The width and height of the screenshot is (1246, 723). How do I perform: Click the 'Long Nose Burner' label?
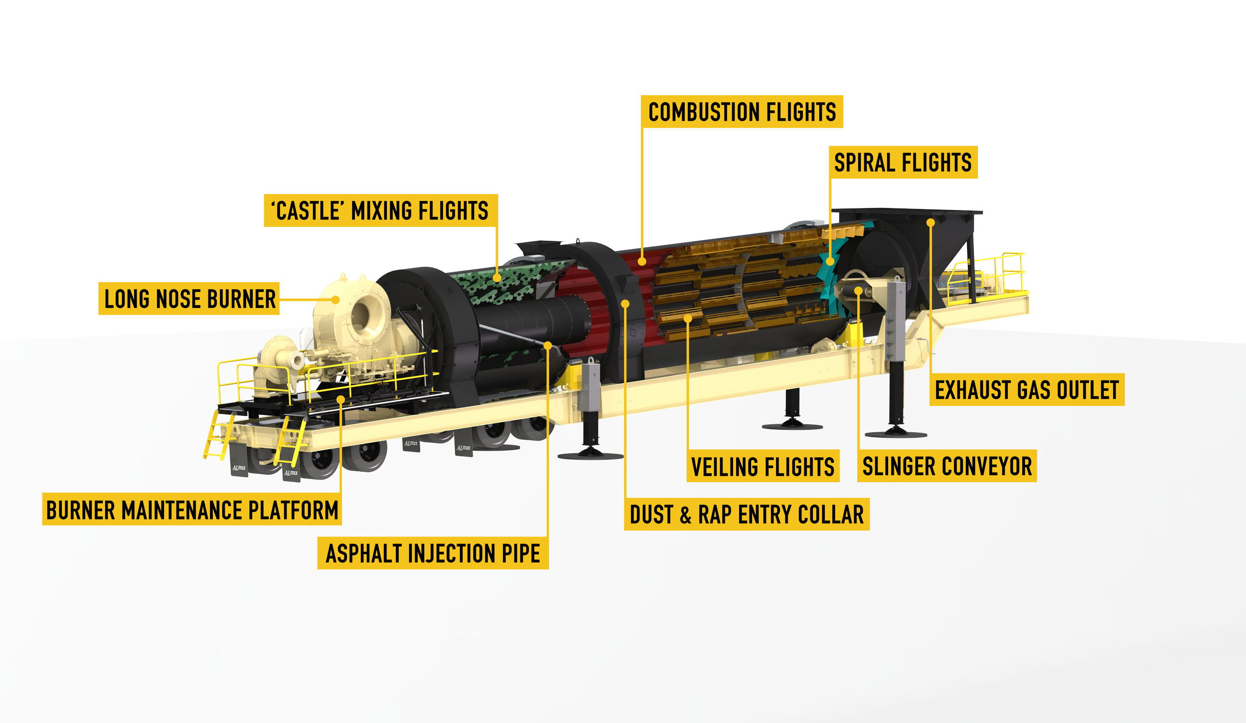pyautogui.click(x=189, y=299)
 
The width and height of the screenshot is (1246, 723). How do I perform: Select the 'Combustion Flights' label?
pyautogui.click(x=742, y=112)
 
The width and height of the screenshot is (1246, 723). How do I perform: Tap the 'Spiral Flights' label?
pyautogui.click(x=903, y=163)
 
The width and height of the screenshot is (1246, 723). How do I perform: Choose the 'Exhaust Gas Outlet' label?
pyautogui.click(x=1027, y=390)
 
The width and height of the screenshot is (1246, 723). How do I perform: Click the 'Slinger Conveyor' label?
pyautogui.click(x=947, y=467)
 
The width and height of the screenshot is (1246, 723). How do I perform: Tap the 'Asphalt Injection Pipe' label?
pyautogui.click(x=433, y=554)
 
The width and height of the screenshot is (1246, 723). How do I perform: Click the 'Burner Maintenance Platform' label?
pyautogui.click(x=192, y=511)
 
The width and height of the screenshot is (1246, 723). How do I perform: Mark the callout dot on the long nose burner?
pyautogui.click(x=336, y=300)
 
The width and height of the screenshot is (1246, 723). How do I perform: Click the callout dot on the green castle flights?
pyautogui.click(x=497, y=278)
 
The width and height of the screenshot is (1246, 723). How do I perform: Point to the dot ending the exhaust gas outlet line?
pyautogui.click(x=930, y=222)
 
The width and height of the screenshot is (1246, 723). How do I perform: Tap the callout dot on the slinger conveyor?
pyautogui.click(x=858, y=290)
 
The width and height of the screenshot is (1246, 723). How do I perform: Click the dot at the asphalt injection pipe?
pyautogui.click(x=548, y=345)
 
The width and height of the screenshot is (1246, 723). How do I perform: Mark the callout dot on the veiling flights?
pyautogui.click(x=687, y=318)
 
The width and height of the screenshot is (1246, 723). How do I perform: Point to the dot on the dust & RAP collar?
pyautogui.click(x=625, y=303)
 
